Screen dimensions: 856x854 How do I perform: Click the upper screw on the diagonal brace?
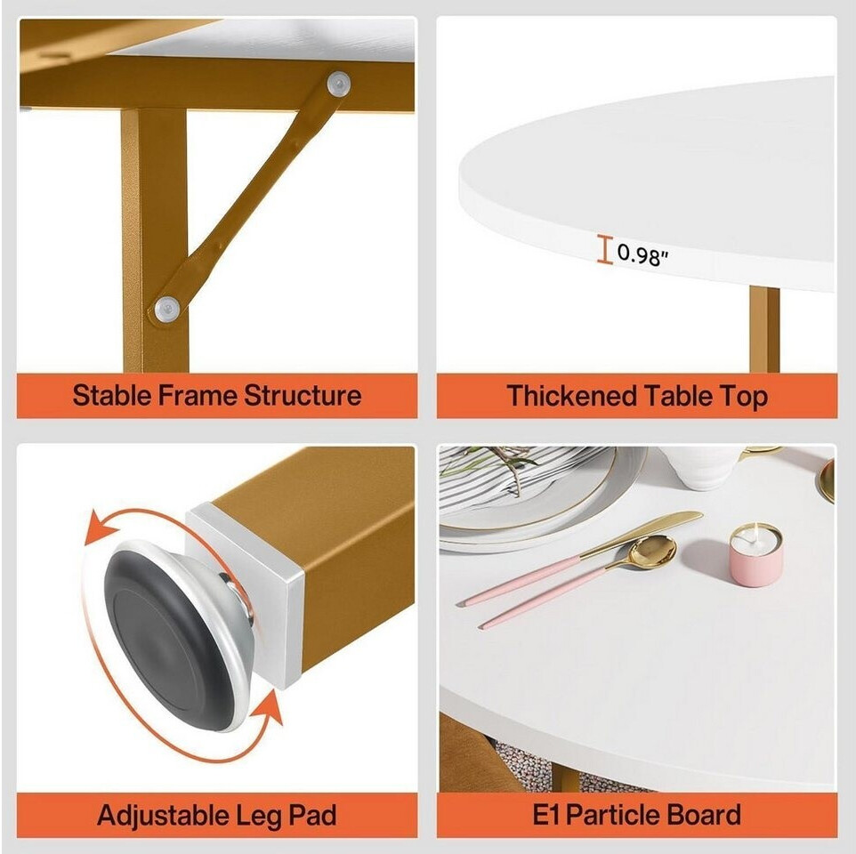(338, 84)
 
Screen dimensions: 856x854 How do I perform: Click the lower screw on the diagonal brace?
(167, 309)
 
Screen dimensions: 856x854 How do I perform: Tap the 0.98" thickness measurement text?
(642, 254)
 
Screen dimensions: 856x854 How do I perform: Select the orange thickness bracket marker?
(604, 249)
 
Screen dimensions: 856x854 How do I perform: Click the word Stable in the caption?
(112, 395)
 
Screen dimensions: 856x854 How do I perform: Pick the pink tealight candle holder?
(756, 555)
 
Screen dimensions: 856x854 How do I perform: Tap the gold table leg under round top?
(764, 328)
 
